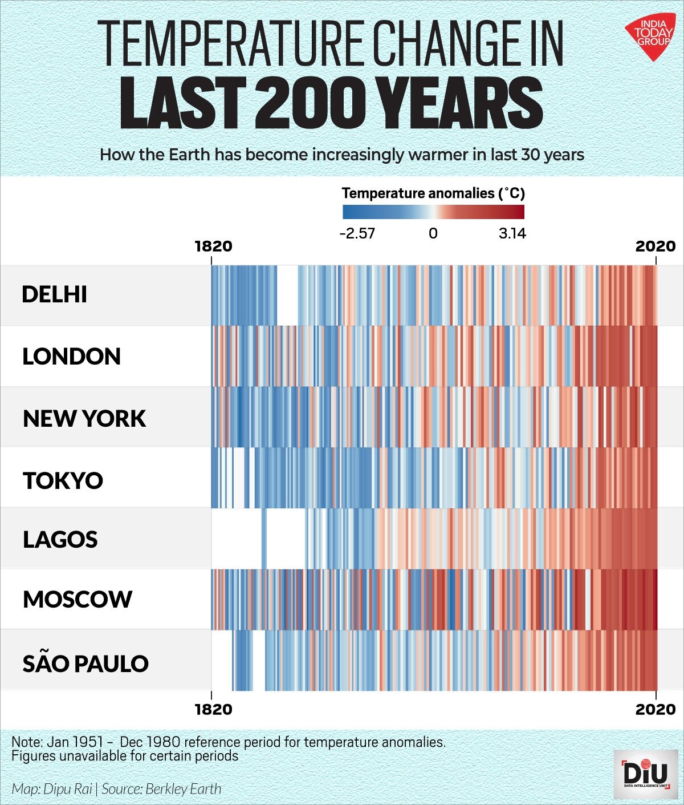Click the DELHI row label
point(54,294)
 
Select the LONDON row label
point(71,357)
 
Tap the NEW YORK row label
point(84,418)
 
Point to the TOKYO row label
point(63,480)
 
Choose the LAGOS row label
point(60,539)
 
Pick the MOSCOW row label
point(78,599)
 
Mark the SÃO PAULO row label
point(85,664)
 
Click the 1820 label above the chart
point(213,246)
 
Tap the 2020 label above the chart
point(655,246)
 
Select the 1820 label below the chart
point(213,709)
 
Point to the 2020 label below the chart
point(655,709)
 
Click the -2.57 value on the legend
point(357,233)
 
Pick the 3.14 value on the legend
point(512,233)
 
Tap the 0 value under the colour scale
point(433,233)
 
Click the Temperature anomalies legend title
point(433,193)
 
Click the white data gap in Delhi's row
point(287,295)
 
